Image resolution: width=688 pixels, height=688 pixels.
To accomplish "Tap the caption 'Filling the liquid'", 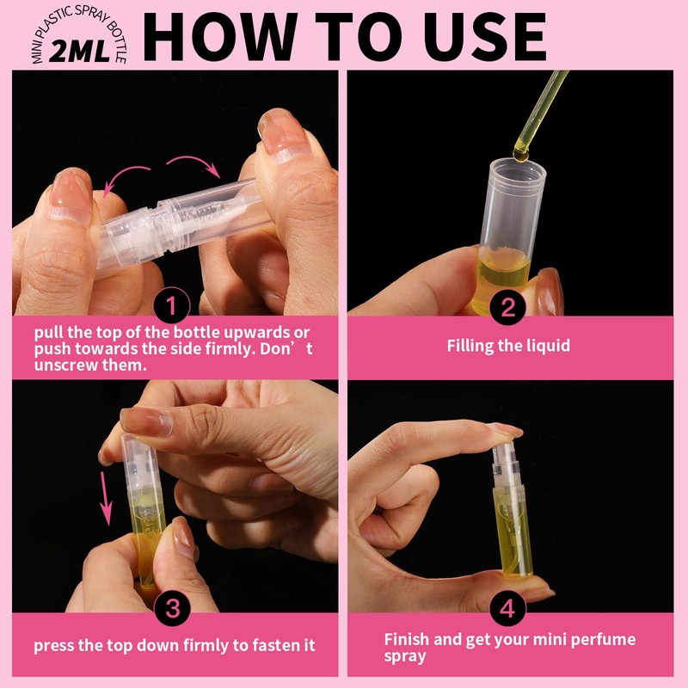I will click(x=508, y=347).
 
